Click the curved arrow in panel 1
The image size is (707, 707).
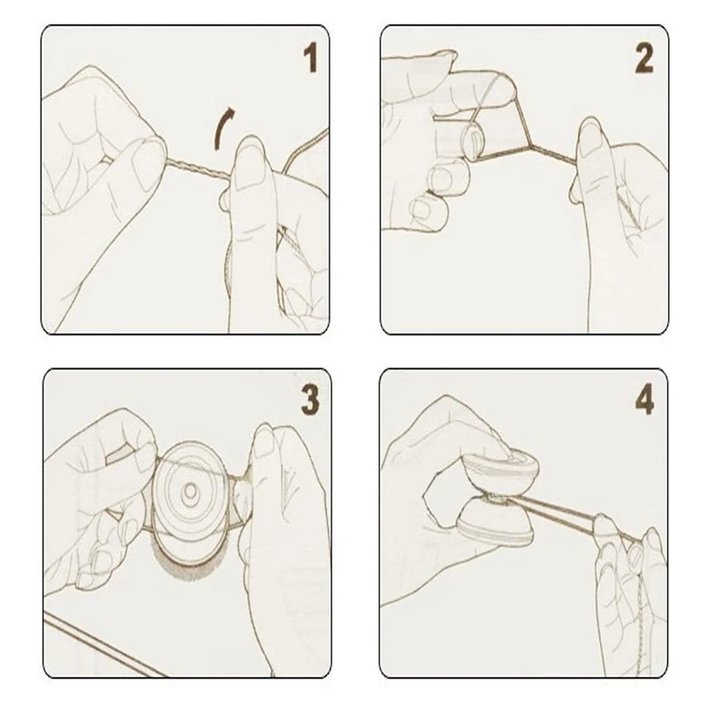coord(224,127)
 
